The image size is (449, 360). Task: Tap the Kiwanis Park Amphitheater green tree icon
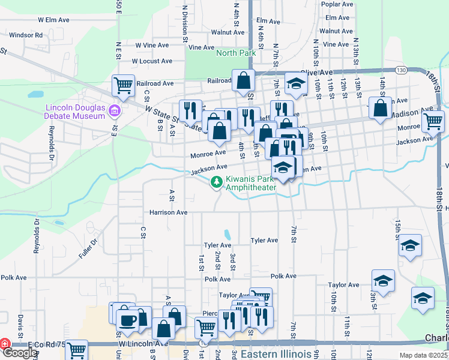tap(216, 182)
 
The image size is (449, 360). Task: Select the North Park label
tap(236, 53)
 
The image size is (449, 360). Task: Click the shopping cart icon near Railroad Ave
tap(123, 85)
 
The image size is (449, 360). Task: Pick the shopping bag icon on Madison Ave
tap(380, 108)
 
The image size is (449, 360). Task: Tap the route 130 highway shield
tap(402, 70)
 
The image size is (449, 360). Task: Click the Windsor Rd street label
tap(26, 35)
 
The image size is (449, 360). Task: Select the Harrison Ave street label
tap(169, 212)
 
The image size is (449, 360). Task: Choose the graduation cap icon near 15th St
tap(410, 245)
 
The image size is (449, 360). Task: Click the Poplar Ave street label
tap(336, 4)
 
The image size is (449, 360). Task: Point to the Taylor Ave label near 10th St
tap(344, 285)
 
